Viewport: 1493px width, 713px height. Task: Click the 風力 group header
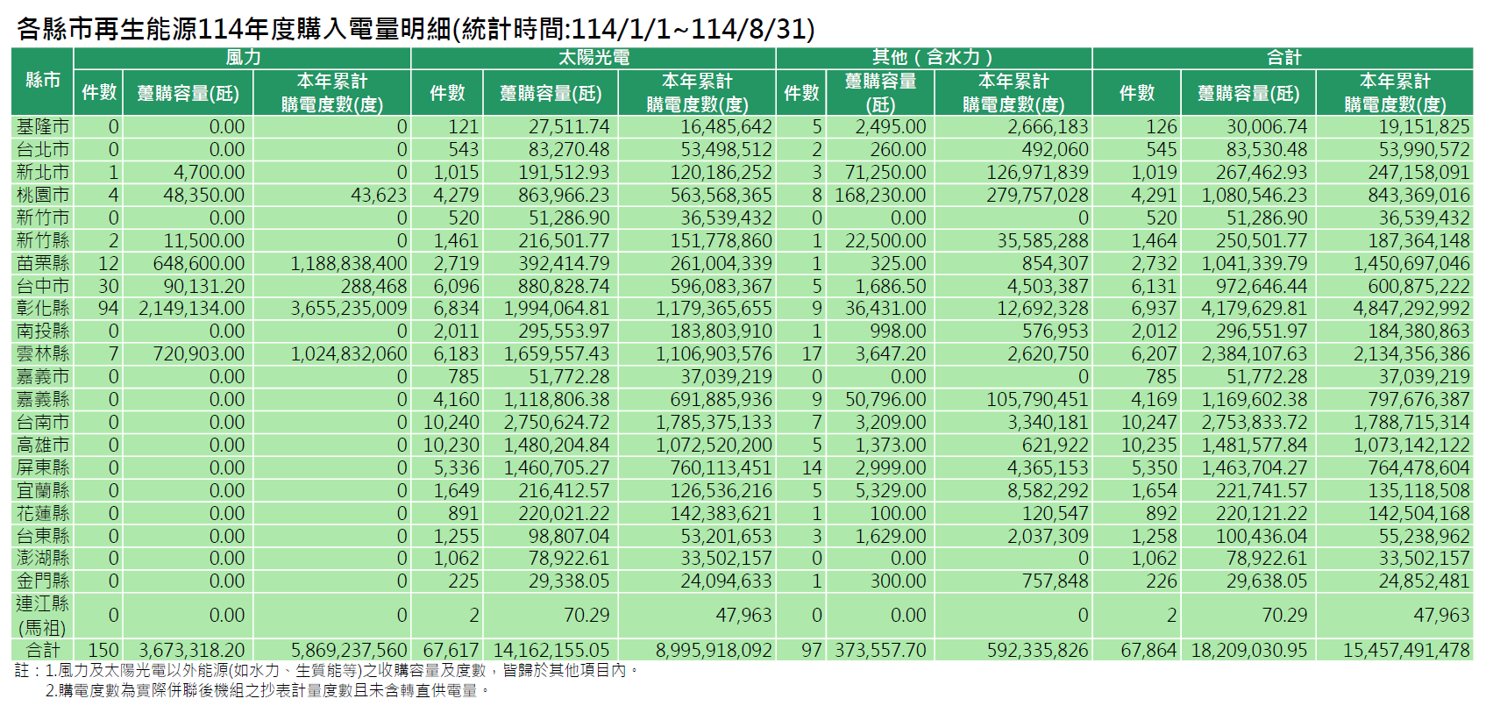pos(243,58)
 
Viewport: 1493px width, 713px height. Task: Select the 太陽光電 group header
pos(594,58)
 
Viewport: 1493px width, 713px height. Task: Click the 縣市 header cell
pos(43,81)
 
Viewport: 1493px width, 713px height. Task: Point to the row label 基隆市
pos(43,127)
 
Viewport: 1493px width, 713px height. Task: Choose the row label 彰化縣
pos(43,309)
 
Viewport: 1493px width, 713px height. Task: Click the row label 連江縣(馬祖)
pos(43,616)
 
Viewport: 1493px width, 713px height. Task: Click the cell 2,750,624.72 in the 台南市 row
pos(556,423)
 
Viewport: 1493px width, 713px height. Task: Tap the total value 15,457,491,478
pos(1405,651)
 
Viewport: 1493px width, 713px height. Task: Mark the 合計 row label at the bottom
pos(43,651)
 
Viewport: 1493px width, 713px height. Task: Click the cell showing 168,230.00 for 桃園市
pos(879,196)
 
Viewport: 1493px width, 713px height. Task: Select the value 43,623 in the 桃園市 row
pos(379,196)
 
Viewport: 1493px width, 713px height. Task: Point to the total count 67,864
pos(1148,651)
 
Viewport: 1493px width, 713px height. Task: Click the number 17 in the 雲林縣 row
pos(812,354)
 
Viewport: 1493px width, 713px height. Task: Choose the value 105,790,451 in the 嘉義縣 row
pos(1037,400)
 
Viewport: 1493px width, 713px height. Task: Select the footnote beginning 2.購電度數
pos(267,691)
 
